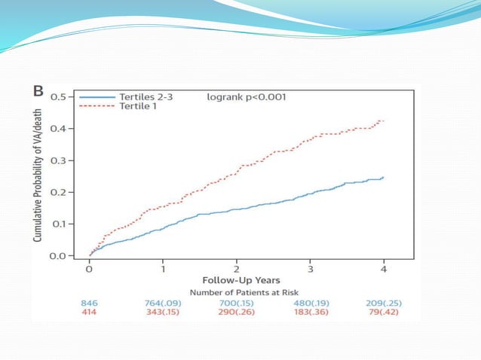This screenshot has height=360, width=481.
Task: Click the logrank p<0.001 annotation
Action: [246, 97]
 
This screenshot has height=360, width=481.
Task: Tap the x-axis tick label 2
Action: [237, 268]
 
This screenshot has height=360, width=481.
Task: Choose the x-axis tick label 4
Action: [384, 268]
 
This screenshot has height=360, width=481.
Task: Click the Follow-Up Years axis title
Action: [236, 280]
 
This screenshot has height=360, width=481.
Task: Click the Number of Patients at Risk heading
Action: [236, 291]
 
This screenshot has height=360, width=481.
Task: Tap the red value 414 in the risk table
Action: [89, 311]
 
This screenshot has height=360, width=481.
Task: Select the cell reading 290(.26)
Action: [236, 311]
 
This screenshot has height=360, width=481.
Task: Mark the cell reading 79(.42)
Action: [384, 311]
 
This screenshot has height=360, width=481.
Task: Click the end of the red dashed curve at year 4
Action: [383, 121]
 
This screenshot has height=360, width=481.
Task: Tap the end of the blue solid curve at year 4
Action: [383, 177]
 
